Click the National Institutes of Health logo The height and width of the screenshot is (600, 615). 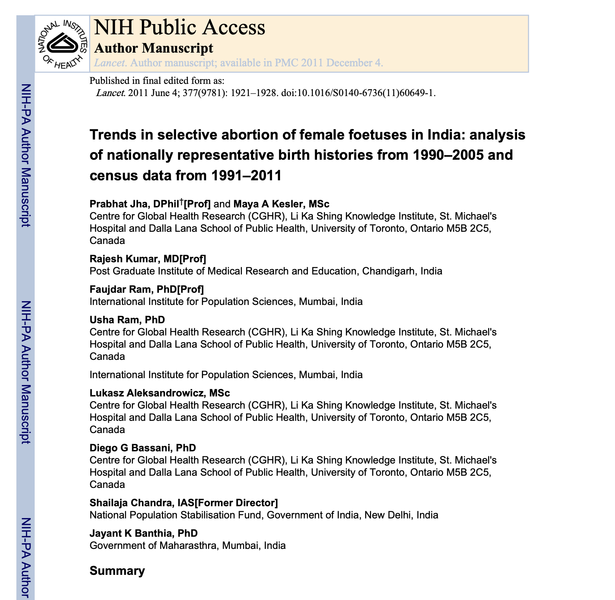tap(62, 44)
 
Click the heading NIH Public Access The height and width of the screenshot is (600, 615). tap(179, 27)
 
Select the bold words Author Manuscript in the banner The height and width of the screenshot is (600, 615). tap(153, 48)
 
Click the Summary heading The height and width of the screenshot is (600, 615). tap(117, 571)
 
